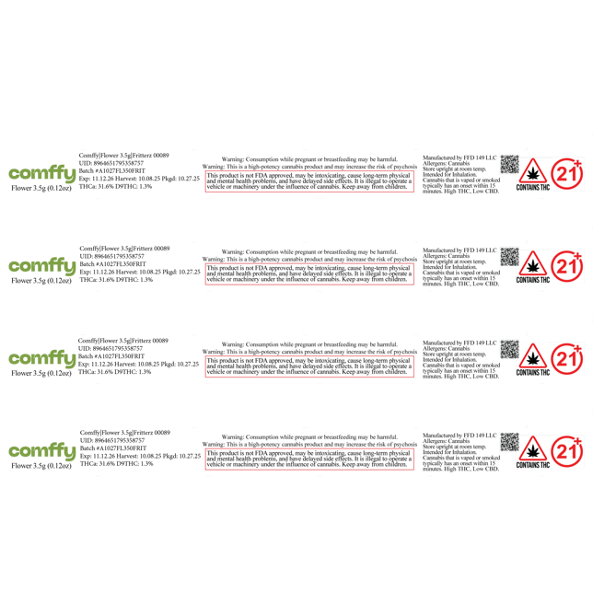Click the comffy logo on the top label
tap(41, 173)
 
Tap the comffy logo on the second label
tap(41, 266)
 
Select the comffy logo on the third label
tap(41, 359)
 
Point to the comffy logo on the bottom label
tap(41, 451)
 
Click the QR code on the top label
tap(510, 160)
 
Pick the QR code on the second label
tap(510, 255)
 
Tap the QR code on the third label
tap(510, 348)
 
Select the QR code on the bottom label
tap(510, 442)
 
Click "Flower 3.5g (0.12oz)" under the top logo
tap(41, 189)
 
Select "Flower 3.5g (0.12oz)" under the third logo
tap(41, 375)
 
